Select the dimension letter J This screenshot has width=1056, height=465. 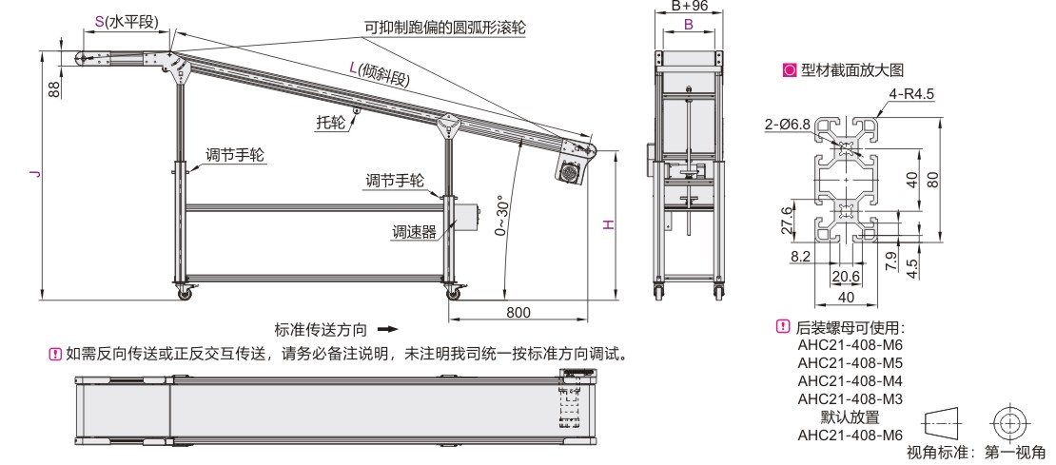(x=34, y=174)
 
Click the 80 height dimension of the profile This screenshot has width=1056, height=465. (x=933, y=179)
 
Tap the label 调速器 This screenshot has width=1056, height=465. (x=414, y=230)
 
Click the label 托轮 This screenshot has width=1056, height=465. (x=331, y=122)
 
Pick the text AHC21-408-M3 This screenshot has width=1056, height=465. (x=849, y=398)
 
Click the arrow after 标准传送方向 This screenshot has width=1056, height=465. (x=386, y=330)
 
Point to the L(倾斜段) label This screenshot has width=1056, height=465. (x=378, y=73)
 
